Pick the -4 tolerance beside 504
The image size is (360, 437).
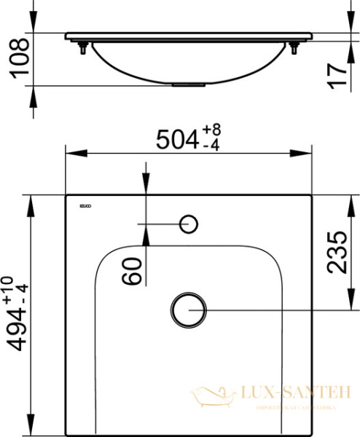[211, 145]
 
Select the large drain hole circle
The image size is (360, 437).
[189, 309]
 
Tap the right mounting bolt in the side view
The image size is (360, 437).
[294, 48]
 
